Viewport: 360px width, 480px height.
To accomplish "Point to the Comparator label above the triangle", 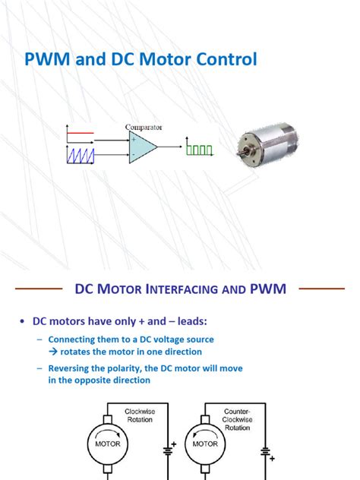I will tap(147, 127).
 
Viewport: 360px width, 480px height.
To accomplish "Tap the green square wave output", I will tap(200, 150).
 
